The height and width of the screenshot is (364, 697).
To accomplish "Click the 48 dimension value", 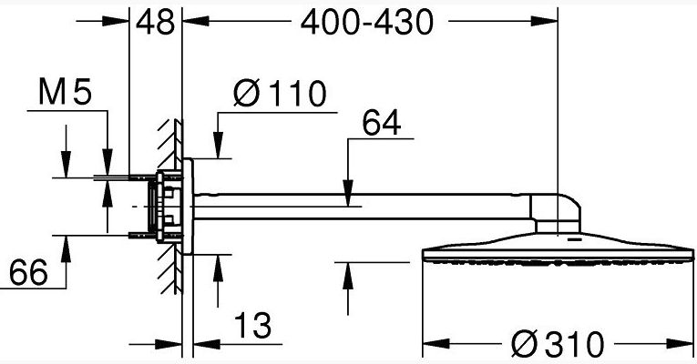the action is (x=155, y=22).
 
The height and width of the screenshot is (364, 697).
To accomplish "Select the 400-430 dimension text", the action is (x=367, y=22).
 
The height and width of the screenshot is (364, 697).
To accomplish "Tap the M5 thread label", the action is (x=65, y=92).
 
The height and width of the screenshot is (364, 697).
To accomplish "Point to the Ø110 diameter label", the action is (x=280, y=94).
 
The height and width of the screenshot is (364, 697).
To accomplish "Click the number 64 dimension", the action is (x=382, y=123).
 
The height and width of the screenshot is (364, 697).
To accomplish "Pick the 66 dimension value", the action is (x=28, y=272).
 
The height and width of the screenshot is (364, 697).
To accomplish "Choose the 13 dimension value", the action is (x=252, y=326).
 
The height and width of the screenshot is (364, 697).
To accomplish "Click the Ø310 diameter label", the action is (x=558, y=344).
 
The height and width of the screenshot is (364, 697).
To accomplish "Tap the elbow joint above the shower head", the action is (x=556, y=212).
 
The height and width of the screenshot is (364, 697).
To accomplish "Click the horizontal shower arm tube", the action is (x=363, y=207).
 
